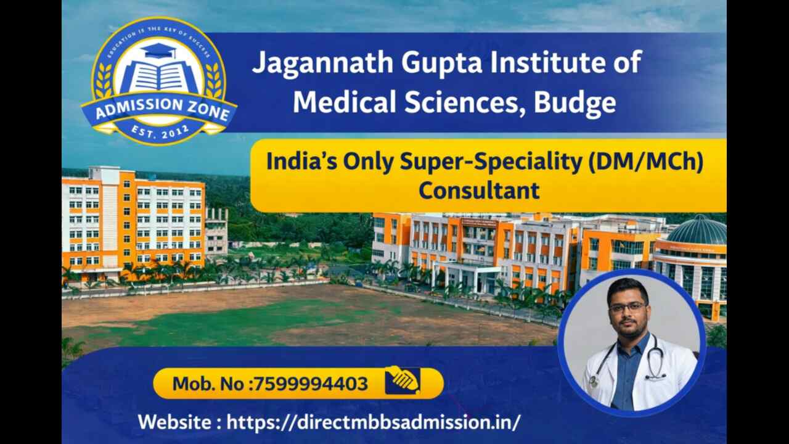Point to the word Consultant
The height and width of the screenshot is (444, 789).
point(479,191)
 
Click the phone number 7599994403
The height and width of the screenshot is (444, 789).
point(311,384)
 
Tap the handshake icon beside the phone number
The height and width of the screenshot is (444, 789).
point(402,380)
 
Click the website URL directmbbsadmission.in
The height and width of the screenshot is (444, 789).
point(374,422)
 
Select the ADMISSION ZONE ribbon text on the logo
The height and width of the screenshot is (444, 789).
point(159,112)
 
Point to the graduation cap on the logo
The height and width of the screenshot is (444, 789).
point(158,51)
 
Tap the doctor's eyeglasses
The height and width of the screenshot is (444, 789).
point(627,307)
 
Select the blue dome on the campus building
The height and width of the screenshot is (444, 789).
point(698,231)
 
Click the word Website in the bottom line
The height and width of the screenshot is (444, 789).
point(174,422)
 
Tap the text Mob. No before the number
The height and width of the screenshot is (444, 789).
point(209,384)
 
